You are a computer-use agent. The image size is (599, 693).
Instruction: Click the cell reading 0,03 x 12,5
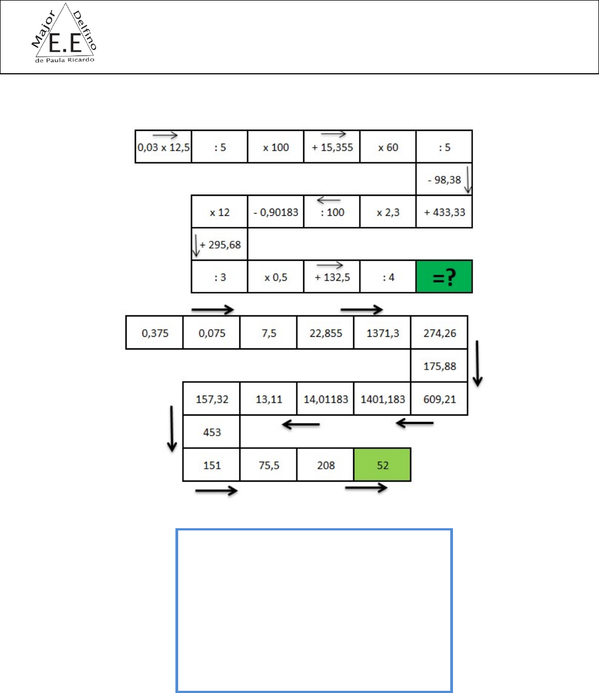click(x=163, y=148)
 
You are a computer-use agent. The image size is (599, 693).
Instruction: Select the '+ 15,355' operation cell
click(x=332, y=148)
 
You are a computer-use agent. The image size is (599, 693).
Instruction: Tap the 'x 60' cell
click(x=388, y=148)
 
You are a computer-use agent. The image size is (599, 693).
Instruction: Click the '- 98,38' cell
click(x=444, y=180)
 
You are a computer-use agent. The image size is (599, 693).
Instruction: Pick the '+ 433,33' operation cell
click(x=444, y=213)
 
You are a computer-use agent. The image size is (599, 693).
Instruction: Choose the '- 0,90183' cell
click(x=275, y=213)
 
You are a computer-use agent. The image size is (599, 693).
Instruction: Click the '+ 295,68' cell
click(x=220, y=245)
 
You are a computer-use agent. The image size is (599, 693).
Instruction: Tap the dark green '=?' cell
click(x=444, y=277)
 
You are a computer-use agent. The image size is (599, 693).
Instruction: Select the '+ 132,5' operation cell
click(x=332, y=277)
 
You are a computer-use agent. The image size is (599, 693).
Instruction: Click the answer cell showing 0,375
click(x=155, y=333)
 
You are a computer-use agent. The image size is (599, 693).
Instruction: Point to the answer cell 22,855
click(x=326, y=333)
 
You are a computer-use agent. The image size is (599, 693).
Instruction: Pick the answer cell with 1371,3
click(x=382, y=333)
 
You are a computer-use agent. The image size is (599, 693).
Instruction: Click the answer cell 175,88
click(x=439, y=366)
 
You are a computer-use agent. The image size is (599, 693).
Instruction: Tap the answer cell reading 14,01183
click(x=326, y=399)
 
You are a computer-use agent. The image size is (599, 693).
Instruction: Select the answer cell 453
click(x=212, y=432)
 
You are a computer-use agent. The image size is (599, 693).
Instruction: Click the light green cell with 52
click(x=382, y=465)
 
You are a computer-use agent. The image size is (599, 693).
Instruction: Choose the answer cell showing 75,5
click(x=269, y=465)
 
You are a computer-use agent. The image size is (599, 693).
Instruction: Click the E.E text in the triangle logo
click(x=65, y=43)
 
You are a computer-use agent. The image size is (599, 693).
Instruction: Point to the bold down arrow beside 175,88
click(x=477, y=364)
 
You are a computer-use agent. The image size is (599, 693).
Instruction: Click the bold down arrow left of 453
click(x=172, y=429)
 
